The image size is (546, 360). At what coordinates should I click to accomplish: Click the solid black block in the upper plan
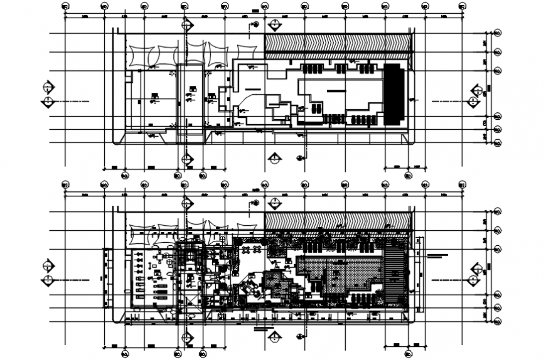[x=393, y=94]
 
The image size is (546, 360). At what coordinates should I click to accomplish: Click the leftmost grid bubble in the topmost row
[x=65, y=8]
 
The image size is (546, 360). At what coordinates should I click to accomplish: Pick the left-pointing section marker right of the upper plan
[x=475, y=101]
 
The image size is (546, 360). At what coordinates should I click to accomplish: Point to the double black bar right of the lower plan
[x=437, y=255]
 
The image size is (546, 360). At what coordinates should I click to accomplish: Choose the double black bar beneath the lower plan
[x=264, y=328]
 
